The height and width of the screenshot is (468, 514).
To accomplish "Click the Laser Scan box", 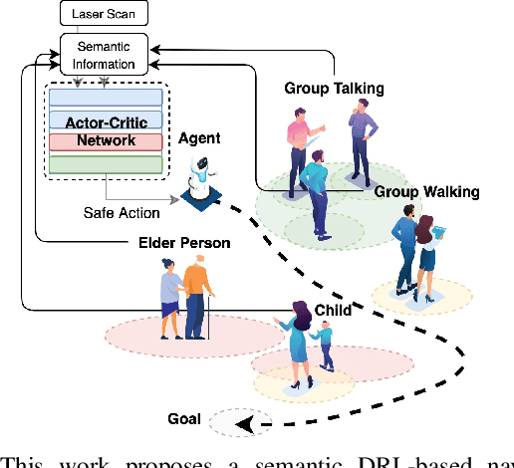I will coord(104,15).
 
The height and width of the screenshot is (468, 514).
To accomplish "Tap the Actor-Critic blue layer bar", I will coord(106,121).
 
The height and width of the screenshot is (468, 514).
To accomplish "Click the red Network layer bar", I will coord(106,141).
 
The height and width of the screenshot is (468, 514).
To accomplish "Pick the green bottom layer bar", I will coord(106,162).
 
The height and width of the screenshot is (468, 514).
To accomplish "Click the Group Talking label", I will coord(332,89).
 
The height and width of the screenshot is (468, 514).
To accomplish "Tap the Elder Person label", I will coord(184,242).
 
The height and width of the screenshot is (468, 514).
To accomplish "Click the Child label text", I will coord(332,310).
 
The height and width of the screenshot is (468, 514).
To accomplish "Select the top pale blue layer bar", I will coord(106,98).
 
